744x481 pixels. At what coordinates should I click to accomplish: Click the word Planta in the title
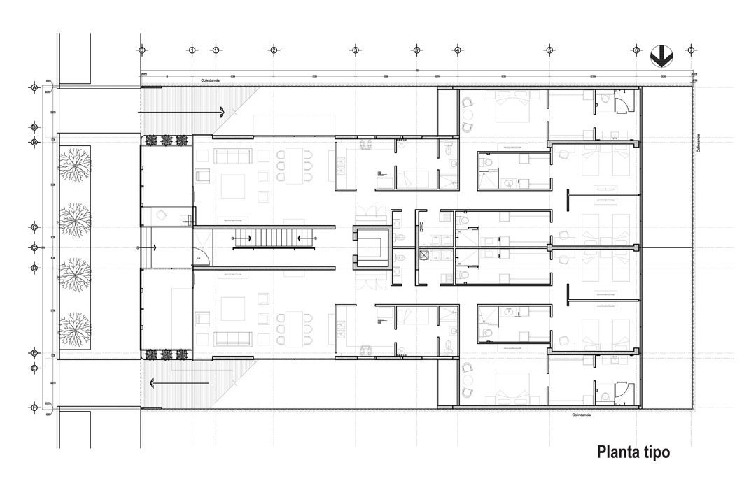616,452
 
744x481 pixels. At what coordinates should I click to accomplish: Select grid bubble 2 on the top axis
274,50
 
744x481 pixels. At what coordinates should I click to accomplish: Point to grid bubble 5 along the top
549,50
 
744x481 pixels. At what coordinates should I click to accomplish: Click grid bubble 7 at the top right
691,50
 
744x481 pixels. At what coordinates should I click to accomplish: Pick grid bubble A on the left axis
34,87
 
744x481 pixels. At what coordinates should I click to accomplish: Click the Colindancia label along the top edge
211,80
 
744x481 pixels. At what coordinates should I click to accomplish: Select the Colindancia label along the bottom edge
581,415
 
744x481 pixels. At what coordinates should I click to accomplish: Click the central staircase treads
266,238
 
